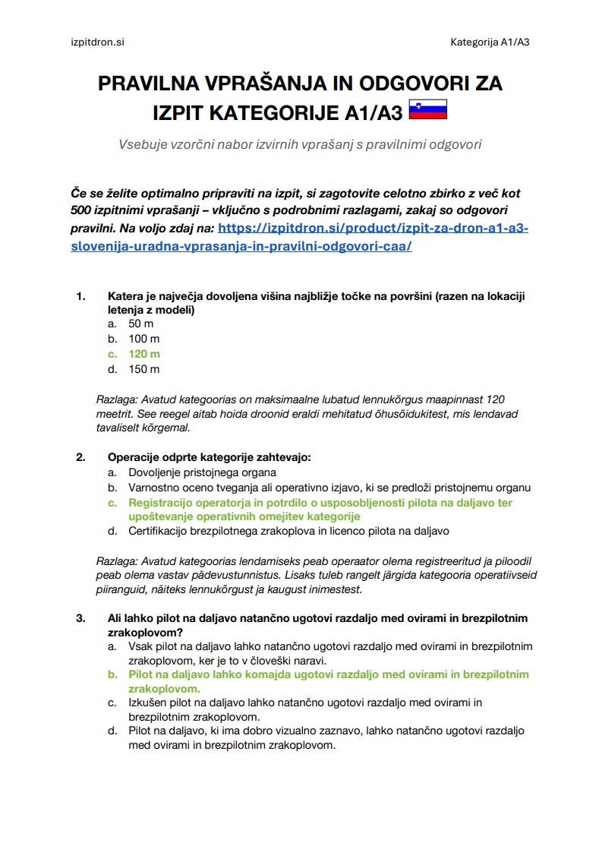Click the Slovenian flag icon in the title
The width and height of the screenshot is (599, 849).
click(427, 111)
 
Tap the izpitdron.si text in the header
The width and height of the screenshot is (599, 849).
click(91, 42)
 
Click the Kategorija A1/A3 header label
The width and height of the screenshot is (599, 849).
click(490, 42)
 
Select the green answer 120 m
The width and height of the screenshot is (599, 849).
click(144, 354)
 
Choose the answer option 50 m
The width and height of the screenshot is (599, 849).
click(140, 324)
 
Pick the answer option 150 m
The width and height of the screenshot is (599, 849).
click(144, 369)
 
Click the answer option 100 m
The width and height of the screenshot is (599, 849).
click(144, 339)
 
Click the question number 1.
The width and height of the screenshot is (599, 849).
click(80, 296)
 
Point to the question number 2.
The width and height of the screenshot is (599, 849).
click(80, 457)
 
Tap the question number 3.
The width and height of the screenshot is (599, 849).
click(80, 618)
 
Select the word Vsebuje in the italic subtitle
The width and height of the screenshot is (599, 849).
click(142, 144)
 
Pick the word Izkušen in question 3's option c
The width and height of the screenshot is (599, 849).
click(149, 703)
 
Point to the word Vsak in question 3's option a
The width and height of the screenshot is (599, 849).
click(140, 646)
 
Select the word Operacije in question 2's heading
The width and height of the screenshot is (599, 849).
click(134, 457)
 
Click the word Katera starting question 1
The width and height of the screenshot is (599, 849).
click(126, 296)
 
